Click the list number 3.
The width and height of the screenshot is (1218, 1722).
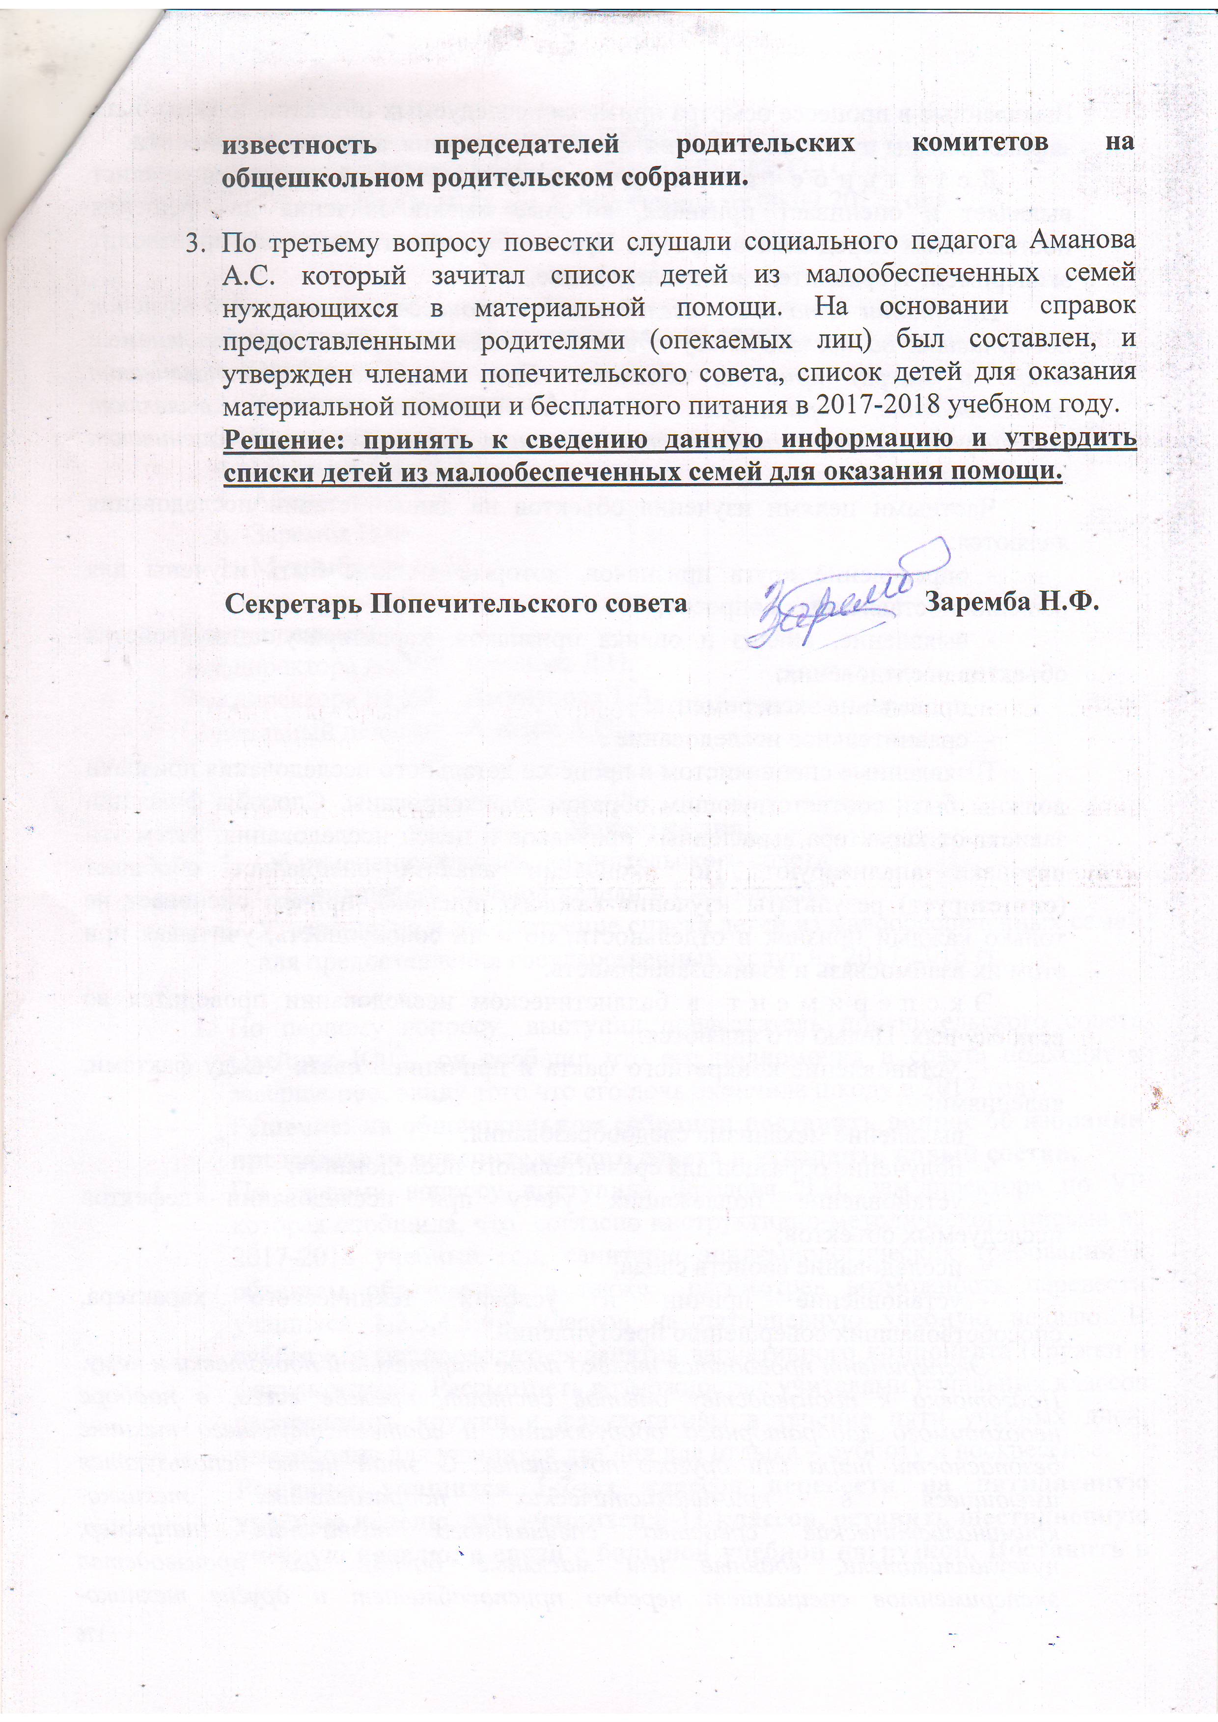tap(194, 242)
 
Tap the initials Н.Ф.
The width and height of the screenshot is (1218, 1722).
tap(1068, 602)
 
